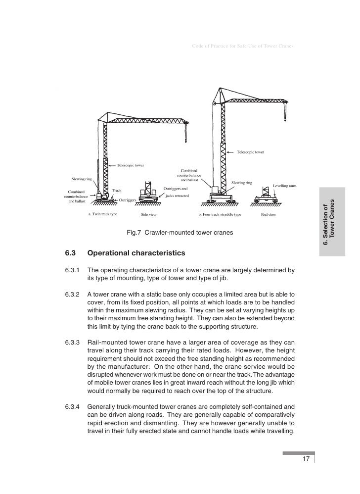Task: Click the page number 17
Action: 306,459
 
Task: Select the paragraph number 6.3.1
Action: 72,270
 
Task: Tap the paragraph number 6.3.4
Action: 72,406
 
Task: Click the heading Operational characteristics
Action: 136,253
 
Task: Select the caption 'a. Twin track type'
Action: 103,215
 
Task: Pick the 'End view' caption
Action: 269,215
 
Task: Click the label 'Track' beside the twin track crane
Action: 117,190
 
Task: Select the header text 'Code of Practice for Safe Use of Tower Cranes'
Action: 242,47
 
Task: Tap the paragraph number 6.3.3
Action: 72,342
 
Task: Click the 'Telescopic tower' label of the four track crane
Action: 251,151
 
